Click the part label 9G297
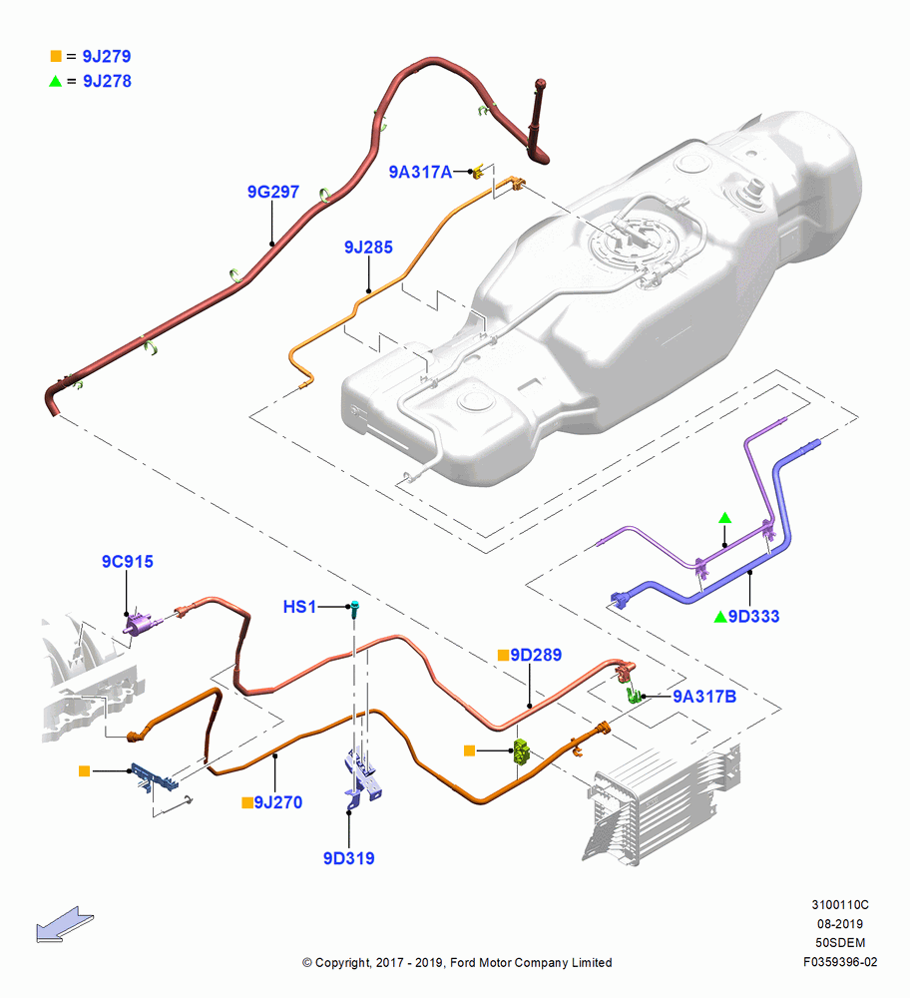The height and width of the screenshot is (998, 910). point(273,192)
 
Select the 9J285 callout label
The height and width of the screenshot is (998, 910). point(368,247)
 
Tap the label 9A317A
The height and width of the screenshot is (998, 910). point(420,172)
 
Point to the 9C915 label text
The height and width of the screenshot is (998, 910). point(128,561)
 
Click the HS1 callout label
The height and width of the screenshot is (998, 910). point(299,607)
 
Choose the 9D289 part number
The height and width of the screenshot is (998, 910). point(536,655)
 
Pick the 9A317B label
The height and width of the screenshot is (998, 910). point(704,697)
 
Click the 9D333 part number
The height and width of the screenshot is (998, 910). point(754,616)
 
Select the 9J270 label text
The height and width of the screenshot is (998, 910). point(278,802)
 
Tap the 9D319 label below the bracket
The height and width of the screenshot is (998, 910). point(348,858)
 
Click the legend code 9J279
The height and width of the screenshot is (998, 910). point(107,56)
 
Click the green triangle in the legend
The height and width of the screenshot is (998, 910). point(55,81)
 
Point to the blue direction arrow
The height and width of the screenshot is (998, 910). point(64,925)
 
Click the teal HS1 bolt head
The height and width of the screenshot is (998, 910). point(355,605)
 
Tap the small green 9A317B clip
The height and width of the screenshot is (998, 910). point(633,695)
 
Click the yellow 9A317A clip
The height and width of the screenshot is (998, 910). point(479,170)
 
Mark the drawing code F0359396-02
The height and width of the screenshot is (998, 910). point(840,962)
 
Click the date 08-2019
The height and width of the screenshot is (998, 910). point(840,923)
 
